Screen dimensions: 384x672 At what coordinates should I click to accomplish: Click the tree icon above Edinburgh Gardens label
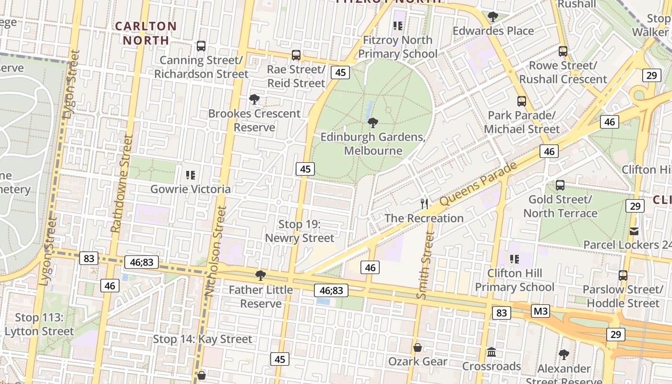(372, 123)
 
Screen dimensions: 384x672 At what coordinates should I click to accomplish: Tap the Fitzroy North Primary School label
(397, 47)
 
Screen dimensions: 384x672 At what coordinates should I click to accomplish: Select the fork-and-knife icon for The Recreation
(424, 204)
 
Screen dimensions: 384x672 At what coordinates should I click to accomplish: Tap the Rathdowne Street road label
(121, 183)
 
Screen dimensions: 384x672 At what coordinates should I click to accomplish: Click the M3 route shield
(540, 312)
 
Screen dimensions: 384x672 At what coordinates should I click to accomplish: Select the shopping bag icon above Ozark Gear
(418, 347)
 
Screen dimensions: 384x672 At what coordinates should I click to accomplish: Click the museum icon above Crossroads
(492, 352)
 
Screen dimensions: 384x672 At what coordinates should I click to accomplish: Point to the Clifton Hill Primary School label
(515, 280)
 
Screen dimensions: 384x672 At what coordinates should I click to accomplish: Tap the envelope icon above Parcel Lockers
(634, 231)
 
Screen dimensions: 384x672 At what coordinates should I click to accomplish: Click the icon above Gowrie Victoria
(191, 175)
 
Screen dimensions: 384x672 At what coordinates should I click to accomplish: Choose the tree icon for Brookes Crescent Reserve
(254, 99)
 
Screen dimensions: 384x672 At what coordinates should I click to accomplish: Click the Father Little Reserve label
(261, 297)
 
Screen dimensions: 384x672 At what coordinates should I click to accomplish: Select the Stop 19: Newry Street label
(300, 231)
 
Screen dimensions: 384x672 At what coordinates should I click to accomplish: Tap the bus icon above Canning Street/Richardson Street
(201, 46)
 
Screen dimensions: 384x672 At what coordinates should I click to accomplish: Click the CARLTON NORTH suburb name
(146, 33)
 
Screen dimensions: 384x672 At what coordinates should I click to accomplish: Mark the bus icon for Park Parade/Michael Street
(522, 101)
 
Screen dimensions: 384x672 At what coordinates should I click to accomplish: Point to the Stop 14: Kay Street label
(202, 339)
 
